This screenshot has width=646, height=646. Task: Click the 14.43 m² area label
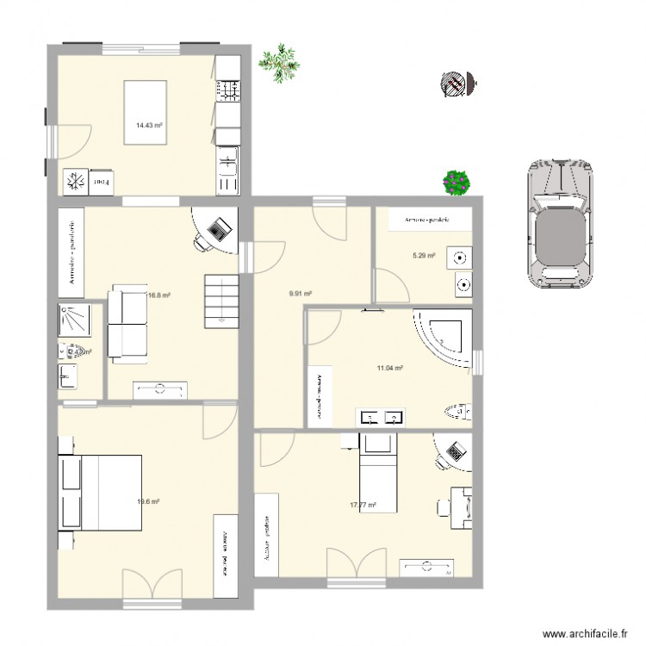coord(149,125)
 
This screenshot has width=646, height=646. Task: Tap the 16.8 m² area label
coord(158,295)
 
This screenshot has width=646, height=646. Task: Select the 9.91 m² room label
coord(300,294)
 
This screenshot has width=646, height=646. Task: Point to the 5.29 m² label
coord(424,255)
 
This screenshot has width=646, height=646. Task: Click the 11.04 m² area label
coord(390,368)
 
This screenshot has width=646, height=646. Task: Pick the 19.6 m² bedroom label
coord(149,501)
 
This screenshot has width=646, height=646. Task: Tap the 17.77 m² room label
coord(363,506)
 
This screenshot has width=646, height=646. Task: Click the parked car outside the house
coord(560,223)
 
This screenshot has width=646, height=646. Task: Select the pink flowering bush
coord(456,182)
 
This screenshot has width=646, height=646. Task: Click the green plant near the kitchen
coord(279,63)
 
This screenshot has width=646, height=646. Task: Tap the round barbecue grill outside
coord(454,83)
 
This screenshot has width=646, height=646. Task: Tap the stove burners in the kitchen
coord(228,89)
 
